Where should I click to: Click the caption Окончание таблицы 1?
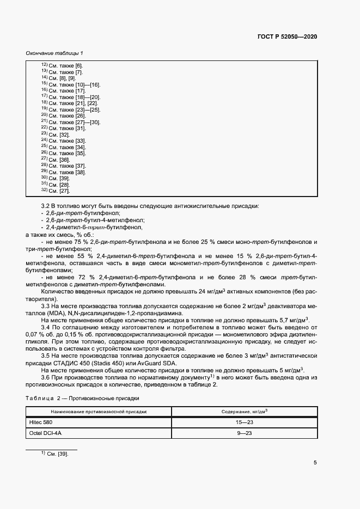pyautogui.click(x=54, y=53)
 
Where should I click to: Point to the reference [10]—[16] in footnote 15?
pyautogui.click(x=88, y=84)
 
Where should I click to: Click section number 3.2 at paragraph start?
pyautogui.click(x=46, y=206)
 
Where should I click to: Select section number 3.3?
pyautogui.click(x=46, y=307)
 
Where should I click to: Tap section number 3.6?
pyautogui.click(x=46, y=377)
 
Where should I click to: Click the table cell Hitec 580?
pyautogui.click(x=41, y=422)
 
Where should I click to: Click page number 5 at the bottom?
pyautogui.click(x=315, y=463)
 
